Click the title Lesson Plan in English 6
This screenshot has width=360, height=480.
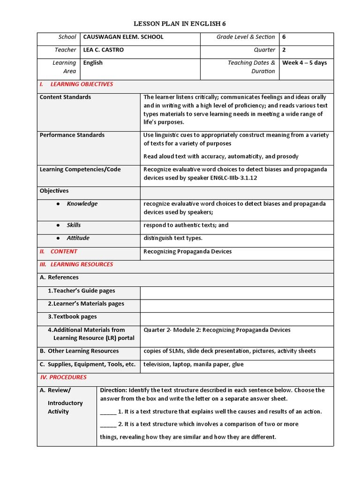pyautogui.click(x=180, y=23)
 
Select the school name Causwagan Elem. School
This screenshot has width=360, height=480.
pyautogui.click(x=123, y=37)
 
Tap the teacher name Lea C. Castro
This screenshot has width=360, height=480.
pyautogui.click(x=104, y=50)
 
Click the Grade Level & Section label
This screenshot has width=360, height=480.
pyautogui.click(x=246, y=37)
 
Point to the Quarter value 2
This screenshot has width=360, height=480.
pyautogui.click(x=284, y=50)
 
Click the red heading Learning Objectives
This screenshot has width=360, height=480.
pyautogui.click(x=82, y=84)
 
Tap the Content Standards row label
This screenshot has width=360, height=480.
pyautogui.click(x=65, y=97)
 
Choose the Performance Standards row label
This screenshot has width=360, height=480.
pyautogui.click(x=72, y=135)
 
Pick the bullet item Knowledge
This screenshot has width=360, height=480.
pyautogui.click(x=82, y=204)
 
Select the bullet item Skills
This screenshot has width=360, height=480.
pyautogui.click(x=74, y=225)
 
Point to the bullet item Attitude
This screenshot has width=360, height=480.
pyautogui.click(x=78, y=238)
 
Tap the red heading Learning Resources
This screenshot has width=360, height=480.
pyautogui.click(x=82, y=264)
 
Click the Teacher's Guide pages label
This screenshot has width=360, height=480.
pyautogui.click(x=81, y=291)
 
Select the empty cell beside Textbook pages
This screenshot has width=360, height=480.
pyautogui.click(x=237, y=317)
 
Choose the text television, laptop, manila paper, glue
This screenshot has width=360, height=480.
pyautogui.click(x=194, y=364)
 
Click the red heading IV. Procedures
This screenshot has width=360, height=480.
pyautogui.click(x=63, y=377)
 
